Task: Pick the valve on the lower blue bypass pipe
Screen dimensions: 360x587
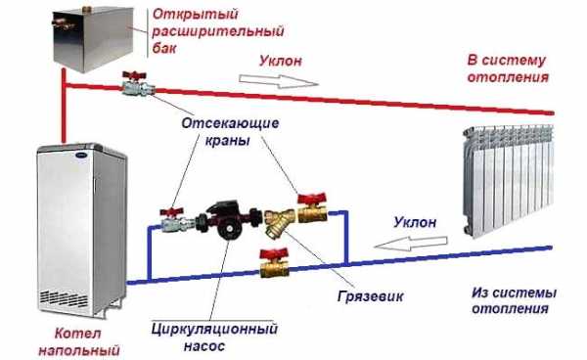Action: pyautogui.click(x=271, y=261)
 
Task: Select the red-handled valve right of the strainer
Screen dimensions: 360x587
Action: pyautogui.click(x=310, y=207)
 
